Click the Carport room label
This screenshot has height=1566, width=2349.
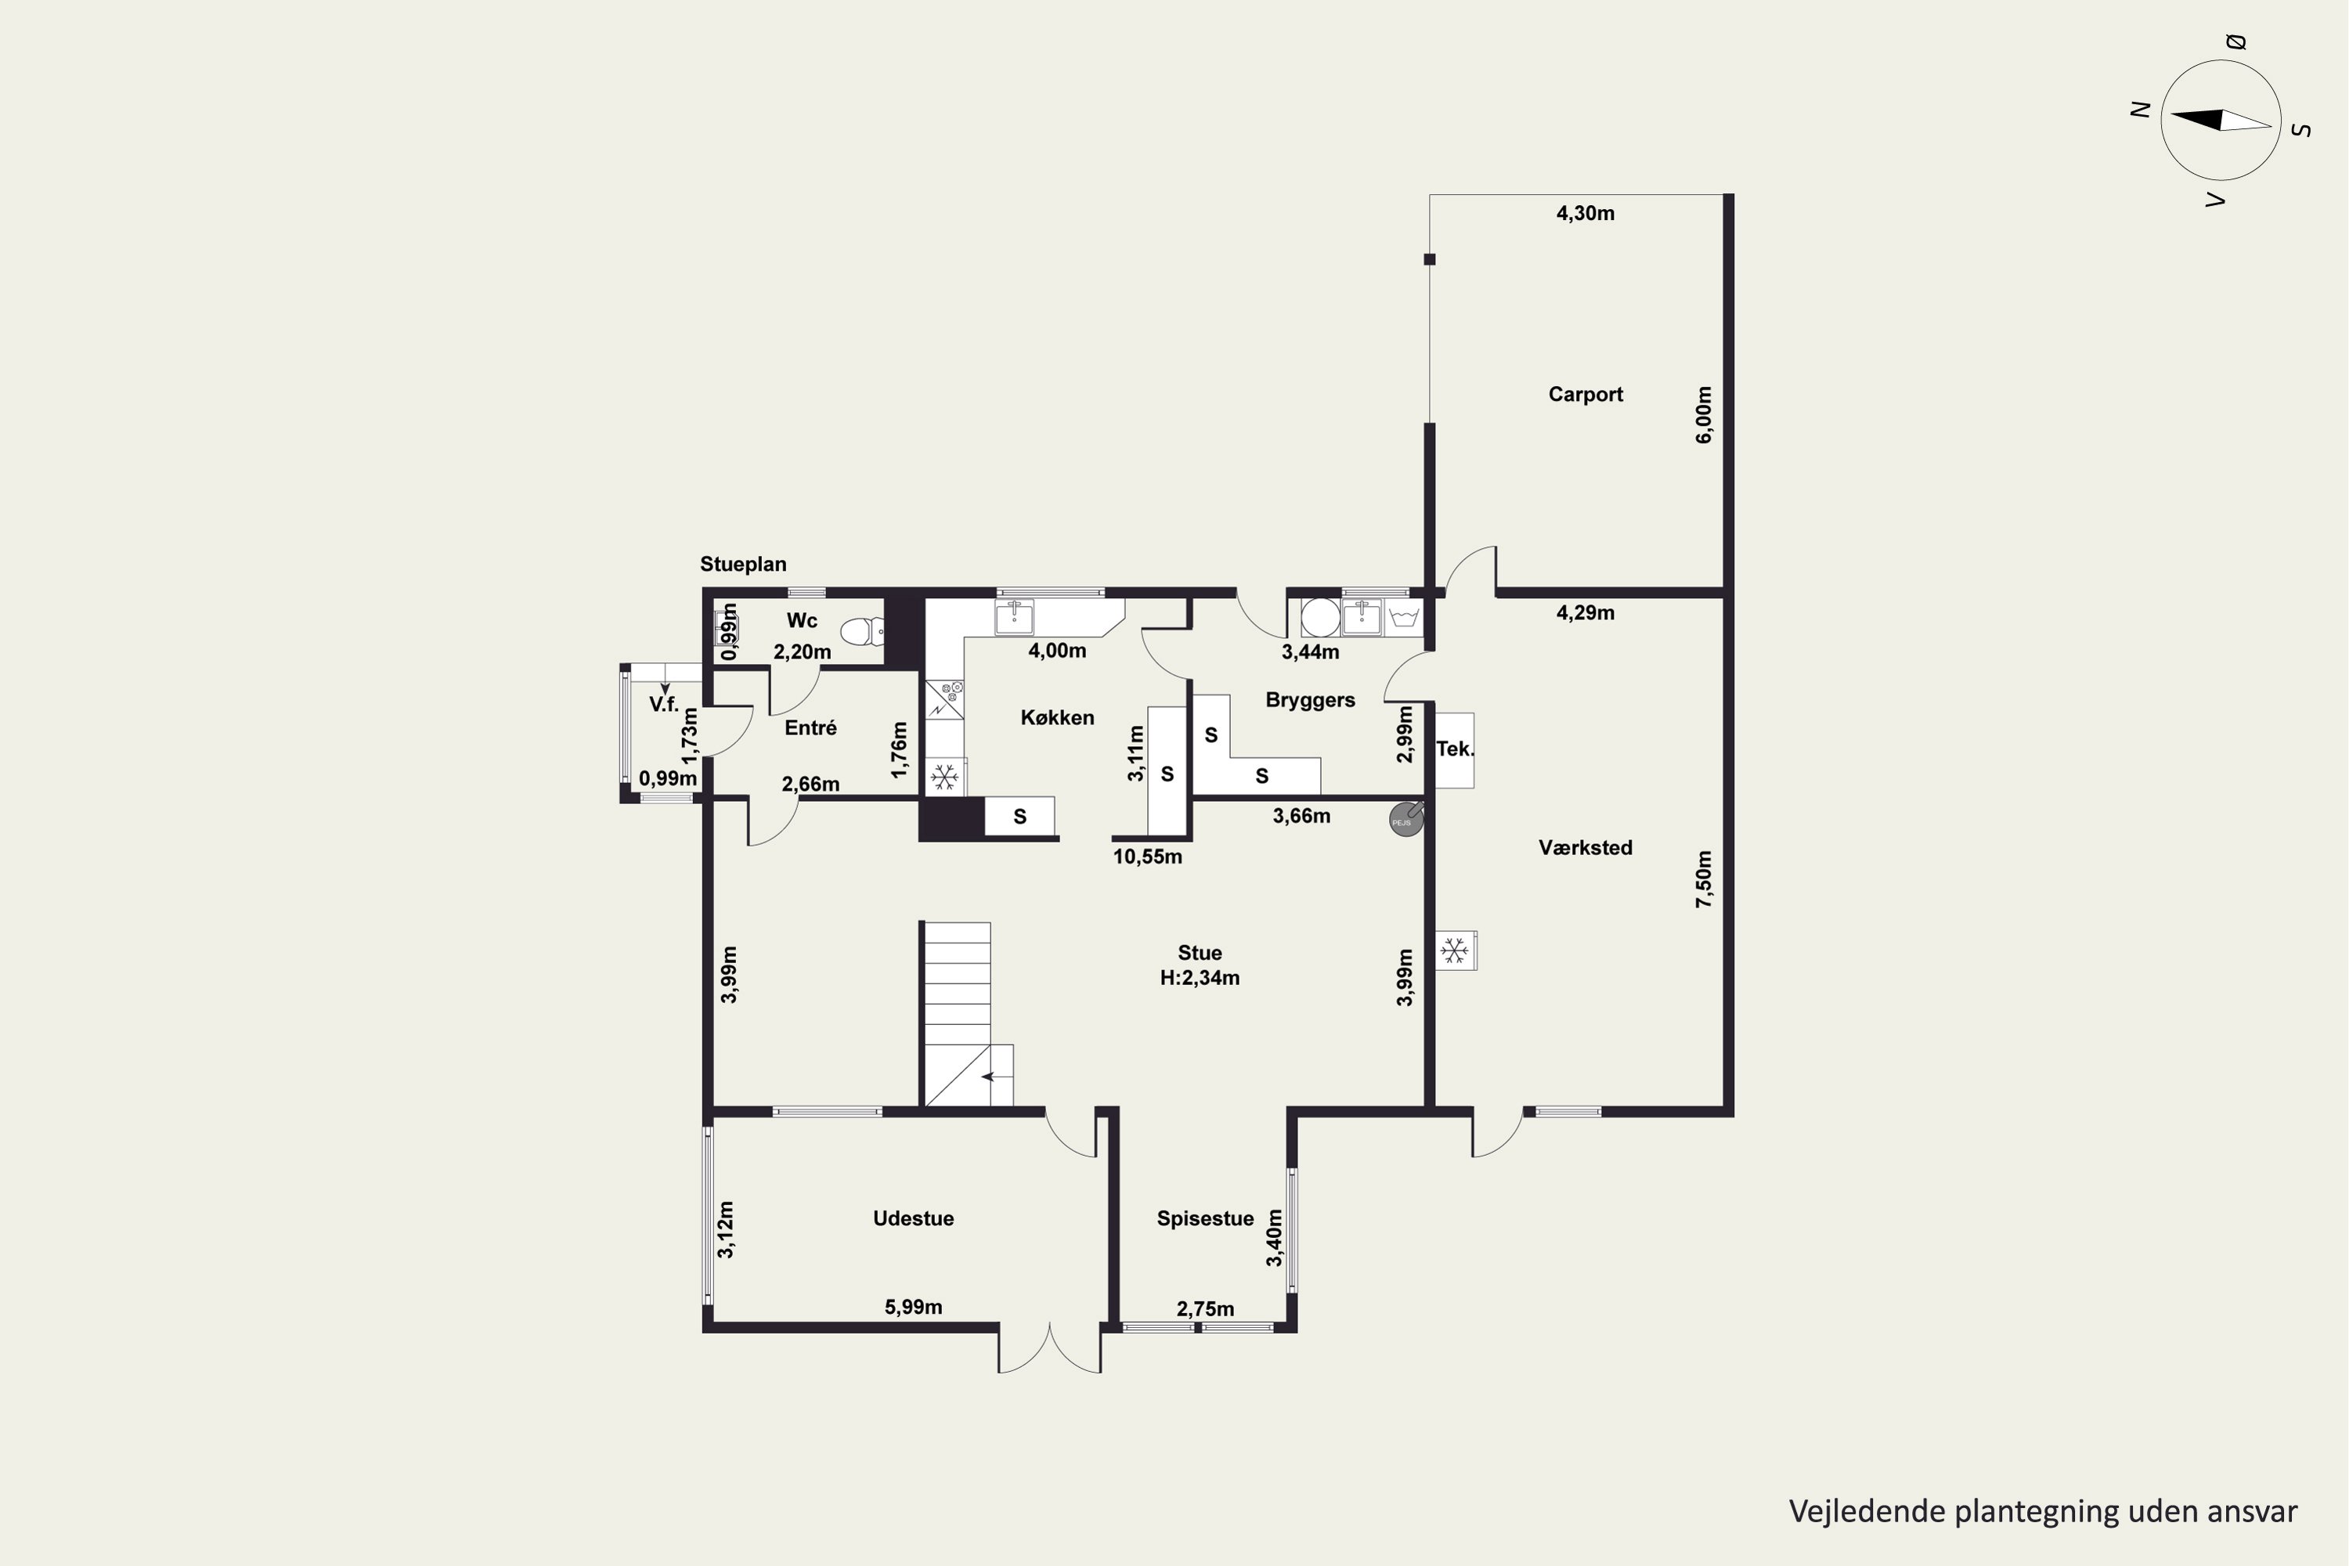pyautogui.click(x=1585, y=395)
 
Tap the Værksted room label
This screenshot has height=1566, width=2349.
pyautogui.click(x=1585, y=848)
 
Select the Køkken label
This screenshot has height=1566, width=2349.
pyautogui.click(x=1056, y=717)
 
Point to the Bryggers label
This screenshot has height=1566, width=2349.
pyautogui.click(x=1309, y=700)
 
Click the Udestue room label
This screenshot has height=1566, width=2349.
pyautogui.click(x=913, y=1218)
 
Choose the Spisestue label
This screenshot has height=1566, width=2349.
pyautogui.click(x=1204, y=1218)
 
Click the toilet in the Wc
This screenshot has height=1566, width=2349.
pyautogui.click(x=863, y=631)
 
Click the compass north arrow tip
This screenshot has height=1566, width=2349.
pyautogui.click(x=2171, y=116)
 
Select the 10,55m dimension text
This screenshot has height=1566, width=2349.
pyautogui.click(x=1148, y=857)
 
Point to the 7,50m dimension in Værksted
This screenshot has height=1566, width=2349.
pyautogui.click(x=1704, y=879)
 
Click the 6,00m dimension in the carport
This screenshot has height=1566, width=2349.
pyautogui.click(x=1704, y=414)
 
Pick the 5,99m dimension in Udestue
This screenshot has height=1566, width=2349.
pyautogui.click(x=913, y=1308)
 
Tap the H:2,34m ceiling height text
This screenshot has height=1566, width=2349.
pyautogui.click(x=1200, y=979)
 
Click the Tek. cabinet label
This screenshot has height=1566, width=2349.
pyautogui.click(x=1455, y=749)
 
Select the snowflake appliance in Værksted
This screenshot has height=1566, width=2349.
pyautogui.click(x=1455, y=951)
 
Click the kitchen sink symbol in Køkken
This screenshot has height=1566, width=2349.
pyautogui.click(x=1014, y=616)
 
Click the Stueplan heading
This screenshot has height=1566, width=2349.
pyautogui.click(x=743, y=565)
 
